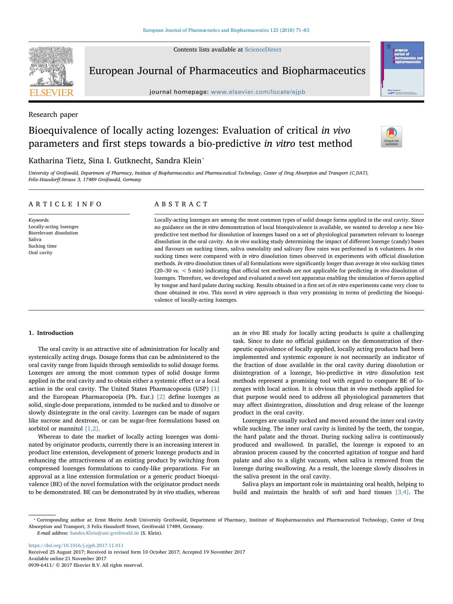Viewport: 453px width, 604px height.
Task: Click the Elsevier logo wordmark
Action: [51, 93]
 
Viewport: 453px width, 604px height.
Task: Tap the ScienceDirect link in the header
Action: [263, 50]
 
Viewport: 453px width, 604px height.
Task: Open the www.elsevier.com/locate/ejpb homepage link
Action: [258, 92]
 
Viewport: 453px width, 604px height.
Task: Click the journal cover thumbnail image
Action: [402, 69]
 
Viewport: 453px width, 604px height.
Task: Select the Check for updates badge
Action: [391, 137]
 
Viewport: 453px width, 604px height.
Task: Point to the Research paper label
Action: [53, 115]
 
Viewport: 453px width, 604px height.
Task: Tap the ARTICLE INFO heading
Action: [65, 204]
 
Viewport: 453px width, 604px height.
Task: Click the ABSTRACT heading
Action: [181, 204]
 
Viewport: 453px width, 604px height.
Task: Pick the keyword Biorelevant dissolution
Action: [53, 233]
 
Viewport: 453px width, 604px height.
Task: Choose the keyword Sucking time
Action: [43, 246]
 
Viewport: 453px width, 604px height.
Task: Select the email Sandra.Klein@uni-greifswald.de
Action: [104, 533]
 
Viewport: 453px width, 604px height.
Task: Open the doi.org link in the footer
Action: [76, 546]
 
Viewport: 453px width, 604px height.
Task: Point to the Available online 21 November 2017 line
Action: [68, 559]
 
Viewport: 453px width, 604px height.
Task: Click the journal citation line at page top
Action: [226, 30]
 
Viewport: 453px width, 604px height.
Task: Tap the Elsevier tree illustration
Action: [51, 66]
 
